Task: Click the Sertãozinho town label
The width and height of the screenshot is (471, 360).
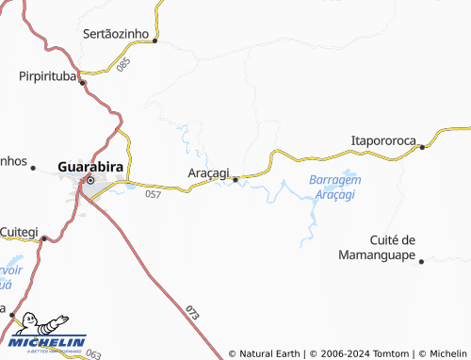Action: (x=117, y=33)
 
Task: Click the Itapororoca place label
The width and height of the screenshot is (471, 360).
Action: (x=383, y=140)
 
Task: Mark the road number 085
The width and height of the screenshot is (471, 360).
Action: (x=123, y=65)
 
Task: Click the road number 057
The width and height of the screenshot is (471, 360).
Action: (x=154, y=194)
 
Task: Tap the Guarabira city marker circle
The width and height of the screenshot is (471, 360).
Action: (x=91, y=180)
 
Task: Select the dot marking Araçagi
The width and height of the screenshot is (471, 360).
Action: (x=235, y=178)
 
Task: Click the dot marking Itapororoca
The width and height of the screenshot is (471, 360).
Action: (x=423, y=147)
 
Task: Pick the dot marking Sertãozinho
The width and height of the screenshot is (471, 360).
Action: (x=155, y=41)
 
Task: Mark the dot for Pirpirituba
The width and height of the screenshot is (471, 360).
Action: (x=83, y=82)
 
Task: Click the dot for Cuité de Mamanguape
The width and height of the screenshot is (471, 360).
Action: (x=421, y=261)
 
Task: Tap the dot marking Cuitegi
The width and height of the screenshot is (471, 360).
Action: (x=43, y=239)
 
